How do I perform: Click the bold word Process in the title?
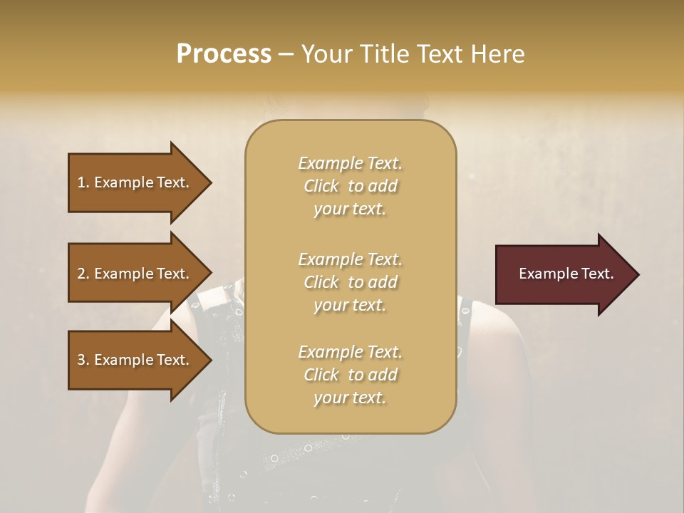(x=224, y=54)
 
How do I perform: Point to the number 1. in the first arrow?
(x=83, y=182)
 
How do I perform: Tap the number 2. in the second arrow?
(x=83, y=274)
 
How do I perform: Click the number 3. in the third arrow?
(x=83, y=360)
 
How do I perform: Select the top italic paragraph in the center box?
(x=350, y=186)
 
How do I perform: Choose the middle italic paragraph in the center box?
(x=350, y=282)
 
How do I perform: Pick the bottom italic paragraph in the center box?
(x=350, y=375)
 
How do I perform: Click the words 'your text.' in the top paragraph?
(x=350, y=209)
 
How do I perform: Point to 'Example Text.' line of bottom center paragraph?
(x=350, y=352)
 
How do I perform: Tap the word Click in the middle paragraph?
(x=321, y=282)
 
